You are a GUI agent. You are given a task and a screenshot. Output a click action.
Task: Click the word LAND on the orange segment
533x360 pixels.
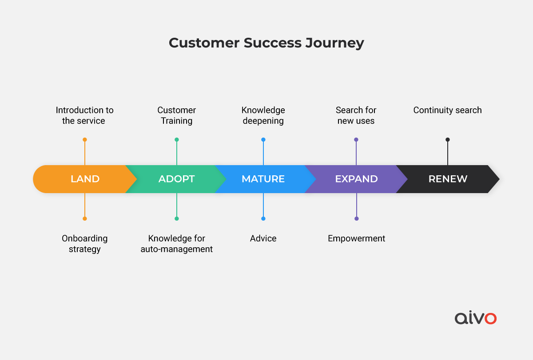pyautogui.click(x=85, y=179)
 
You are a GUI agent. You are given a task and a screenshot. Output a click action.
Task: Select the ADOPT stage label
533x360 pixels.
pyautogui.click(x=177, y=179)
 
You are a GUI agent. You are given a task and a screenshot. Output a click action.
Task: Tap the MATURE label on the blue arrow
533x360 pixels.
pyautogui.click(x=263, y=179)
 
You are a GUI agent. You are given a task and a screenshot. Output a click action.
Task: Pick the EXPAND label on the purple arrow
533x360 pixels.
pyautogui.click(x=356, y=179)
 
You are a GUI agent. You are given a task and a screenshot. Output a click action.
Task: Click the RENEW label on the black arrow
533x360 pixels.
pyautogui.click(x=448, y=179)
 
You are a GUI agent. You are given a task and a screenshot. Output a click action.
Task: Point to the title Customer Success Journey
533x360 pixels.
pyautogui.click(x=266, y=43)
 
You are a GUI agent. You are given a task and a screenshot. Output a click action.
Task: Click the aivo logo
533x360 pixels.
pyautogui.click(x=476, y=317)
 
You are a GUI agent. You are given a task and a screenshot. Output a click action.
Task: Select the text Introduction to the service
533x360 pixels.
pyautogui.click(x=84, y=115)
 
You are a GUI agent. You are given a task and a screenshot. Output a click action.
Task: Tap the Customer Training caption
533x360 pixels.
pyautogui.click(x=177, y=115)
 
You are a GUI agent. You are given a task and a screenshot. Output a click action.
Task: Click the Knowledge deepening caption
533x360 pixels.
pyautogui.click(x=263, y=115)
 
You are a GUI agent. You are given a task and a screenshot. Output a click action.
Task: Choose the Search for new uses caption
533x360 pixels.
pyautogui.click(x=356, y=115)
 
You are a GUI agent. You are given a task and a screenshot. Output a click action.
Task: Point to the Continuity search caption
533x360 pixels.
pyautogui.click(x=448, y=110)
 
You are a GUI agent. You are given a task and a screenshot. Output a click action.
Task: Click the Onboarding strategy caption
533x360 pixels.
pyautogui.click(x=85, y=244)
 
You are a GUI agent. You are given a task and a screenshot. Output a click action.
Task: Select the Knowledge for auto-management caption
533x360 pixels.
pyautogui.click(x=177, y=244)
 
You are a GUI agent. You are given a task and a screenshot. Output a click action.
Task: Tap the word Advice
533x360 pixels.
pyautogui.click(x=263, y=238)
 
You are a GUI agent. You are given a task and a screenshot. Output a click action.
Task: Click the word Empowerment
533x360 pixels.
pyautogui.click(x=356, y=238)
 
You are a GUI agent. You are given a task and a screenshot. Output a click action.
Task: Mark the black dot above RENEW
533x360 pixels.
pyautogui.click(x=448, y=139)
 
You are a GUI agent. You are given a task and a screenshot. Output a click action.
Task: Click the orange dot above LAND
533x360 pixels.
pyautogui.click(x=85, y=139)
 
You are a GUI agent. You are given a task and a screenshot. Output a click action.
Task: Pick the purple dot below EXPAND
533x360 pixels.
pyautogui.click(x=356, y=218)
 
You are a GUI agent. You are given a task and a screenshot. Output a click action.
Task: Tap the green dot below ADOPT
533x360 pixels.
pyautogui.click(x=177, y=218)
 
